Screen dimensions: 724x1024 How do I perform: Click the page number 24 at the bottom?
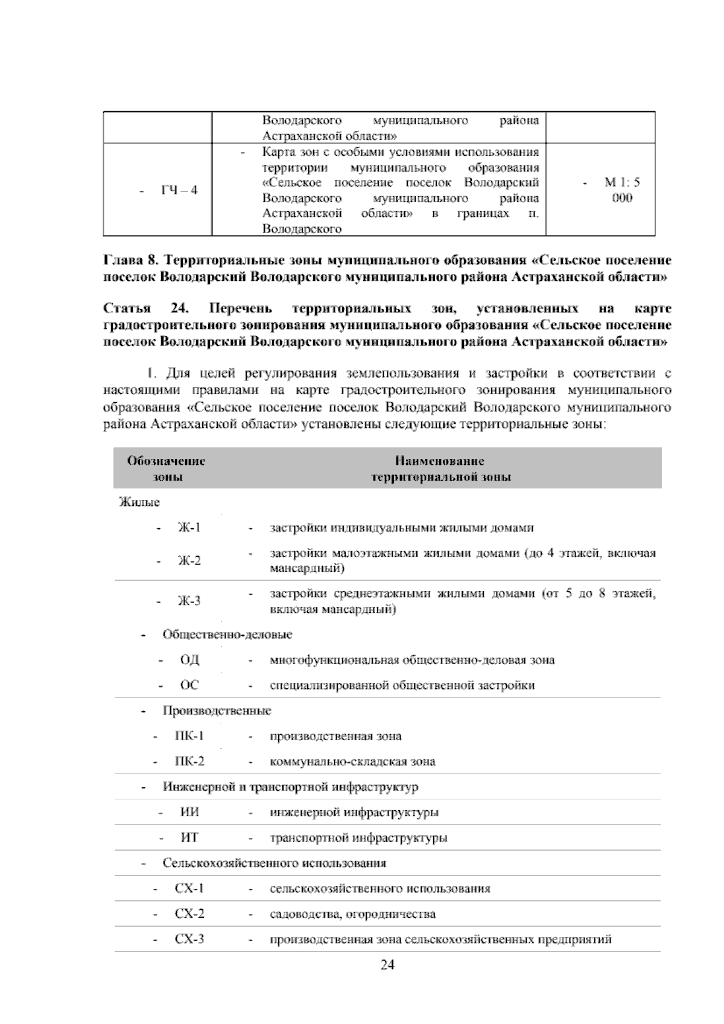pos(387,965)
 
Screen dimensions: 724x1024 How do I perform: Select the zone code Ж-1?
pos(189,528)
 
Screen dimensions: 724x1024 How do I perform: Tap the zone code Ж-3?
pos(189,601)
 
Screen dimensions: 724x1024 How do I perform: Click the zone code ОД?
pos(189,660)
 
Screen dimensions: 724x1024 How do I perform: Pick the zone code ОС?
pos(189,685)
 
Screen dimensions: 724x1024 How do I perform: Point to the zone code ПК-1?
pos(189,736)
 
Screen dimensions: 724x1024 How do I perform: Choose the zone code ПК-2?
pos(189,761)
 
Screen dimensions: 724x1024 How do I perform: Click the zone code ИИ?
pos(190,812)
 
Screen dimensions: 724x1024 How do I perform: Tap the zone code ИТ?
pos(189,837)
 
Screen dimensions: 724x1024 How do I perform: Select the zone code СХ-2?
pos(189,914)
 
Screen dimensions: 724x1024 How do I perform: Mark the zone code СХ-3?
pos(189,939)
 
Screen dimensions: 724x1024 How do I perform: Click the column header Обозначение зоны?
pos(166,469)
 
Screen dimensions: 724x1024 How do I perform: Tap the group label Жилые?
pos(139,502)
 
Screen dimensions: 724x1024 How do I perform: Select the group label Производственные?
pos(217,711)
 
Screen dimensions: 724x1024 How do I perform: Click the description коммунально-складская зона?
pos(353,761)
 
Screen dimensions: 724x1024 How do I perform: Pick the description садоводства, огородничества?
pos(353,914)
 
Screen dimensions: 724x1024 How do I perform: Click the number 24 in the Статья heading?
pos(180,309)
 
